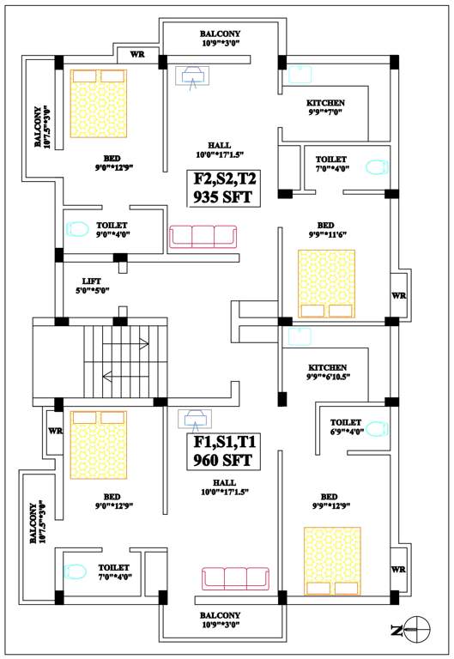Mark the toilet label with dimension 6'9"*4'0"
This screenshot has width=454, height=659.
click(x=346, y=426)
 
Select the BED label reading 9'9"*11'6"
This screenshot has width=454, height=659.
click(x=329, y=228)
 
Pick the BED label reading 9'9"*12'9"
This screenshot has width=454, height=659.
click(x=329, y=501)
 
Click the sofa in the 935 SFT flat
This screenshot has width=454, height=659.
click(x=203, y=237)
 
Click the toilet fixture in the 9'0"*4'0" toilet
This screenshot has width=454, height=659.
click(x=78, y=229)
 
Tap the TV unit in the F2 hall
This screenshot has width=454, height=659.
click(x=192, y=76)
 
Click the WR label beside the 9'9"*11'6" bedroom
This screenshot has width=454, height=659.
click(x=398, y=295)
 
